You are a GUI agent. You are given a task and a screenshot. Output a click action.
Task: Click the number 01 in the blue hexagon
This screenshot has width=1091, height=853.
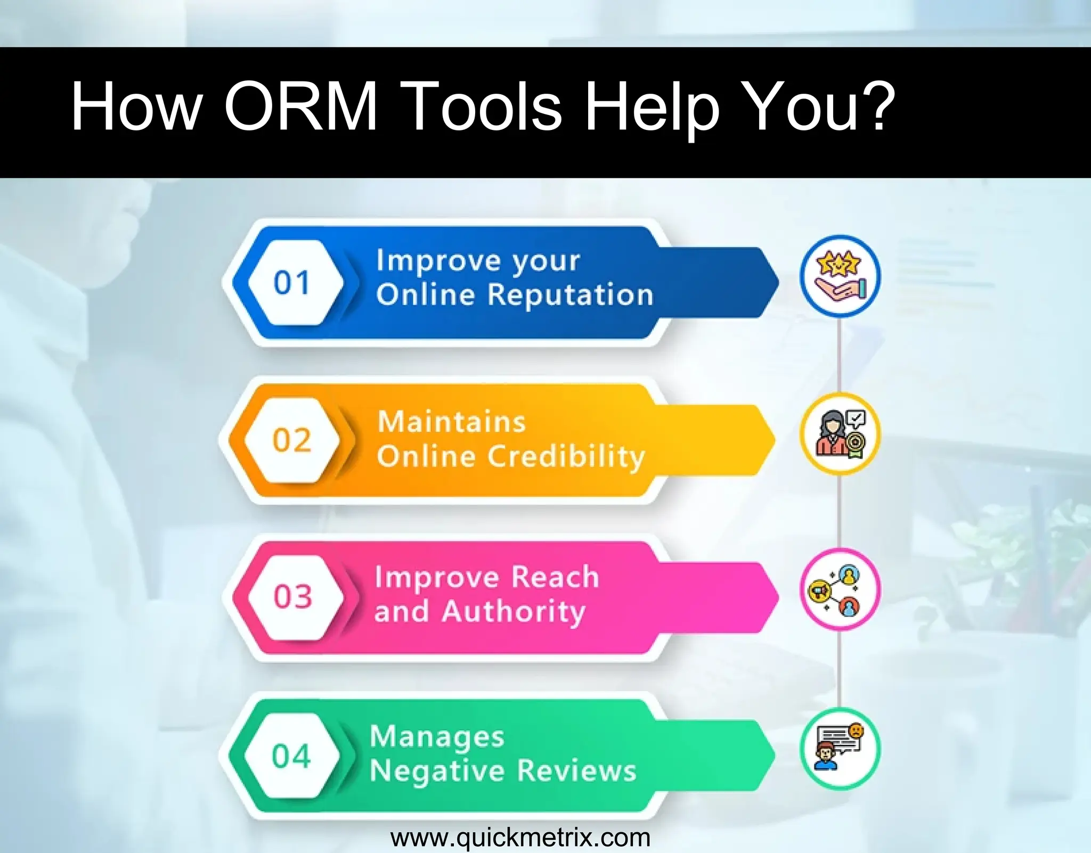click(291, 282)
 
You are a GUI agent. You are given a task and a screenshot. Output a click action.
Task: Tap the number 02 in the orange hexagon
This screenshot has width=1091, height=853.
click(291, 440)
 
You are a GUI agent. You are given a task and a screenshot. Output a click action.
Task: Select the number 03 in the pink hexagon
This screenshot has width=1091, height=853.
click(292, 596)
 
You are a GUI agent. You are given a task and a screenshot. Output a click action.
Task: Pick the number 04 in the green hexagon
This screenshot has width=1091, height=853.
click(291, 756)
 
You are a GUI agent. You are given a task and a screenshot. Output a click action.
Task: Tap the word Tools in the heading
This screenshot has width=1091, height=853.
click(484, 106)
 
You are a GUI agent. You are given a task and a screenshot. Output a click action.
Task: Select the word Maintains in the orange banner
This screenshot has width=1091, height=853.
click(452, 422)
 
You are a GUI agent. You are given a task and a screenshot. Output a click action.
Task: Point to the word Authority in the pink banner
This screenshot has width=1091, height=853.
click(514, 612)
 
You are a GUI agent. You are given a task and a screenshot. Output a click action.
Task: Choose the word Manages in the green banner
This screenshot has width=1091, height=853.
click(437, 737)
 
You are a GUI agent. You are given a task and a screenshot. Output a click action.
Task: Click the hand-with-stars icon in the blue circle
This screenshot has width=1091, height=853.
click(840, 276)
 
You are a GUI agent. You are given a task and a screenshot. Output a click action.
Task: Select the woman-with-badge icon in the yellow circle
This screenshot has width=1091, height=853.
click(840, 433)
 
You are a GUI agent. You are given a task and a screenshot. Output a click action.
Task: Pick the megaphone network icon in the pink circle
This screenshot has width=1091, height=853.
click(840, 589)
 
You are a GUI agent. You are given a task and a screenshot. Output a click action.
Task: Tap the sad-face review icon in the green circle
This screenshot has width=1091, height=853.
click(840, 748)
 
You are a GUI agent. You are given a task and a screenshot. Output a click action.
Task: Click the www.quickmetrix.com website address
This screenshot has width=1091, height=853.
click(520, 838)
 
